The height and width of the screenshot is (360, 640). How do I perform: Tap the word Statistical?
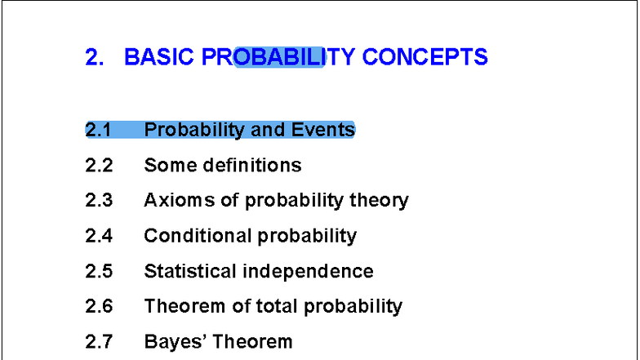[x=192, y=271]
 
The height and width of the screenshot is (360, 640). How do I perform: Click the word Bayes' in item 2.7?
[x=175, y=341]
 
